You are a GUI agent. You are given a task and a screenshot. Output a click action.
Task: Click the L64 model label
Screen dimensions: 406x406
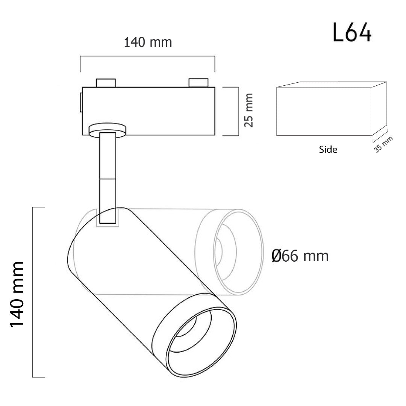point(352,32)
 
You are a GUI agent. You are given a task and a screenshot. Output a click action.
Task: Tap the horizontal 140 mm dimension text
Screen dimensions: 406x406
point(148,42)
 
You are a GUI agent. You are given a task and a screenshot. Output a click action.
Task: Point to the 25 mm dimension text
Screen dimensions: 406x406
point(248,110)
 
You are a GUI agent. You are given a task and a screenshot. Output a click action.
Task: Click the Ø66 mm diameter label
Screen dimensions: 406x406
point(300,256)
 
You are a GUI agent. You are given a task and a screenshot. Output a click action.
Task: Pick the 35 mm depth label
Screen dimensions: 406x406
point(383,144)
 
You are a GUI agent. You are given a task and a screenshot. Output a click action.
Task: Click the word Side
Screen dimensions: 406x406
point(328,150)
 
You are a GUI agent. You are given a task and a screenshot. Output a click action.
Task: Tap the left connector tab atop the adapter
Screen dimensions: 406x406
point(106,83)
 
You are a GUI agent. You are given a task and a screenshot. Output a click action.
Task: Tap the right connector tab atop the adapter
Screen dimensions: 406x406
point(198,83)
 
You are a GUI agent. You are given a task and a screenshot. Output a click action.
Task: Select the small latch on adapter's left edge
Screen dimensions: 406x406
point(81,103)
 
